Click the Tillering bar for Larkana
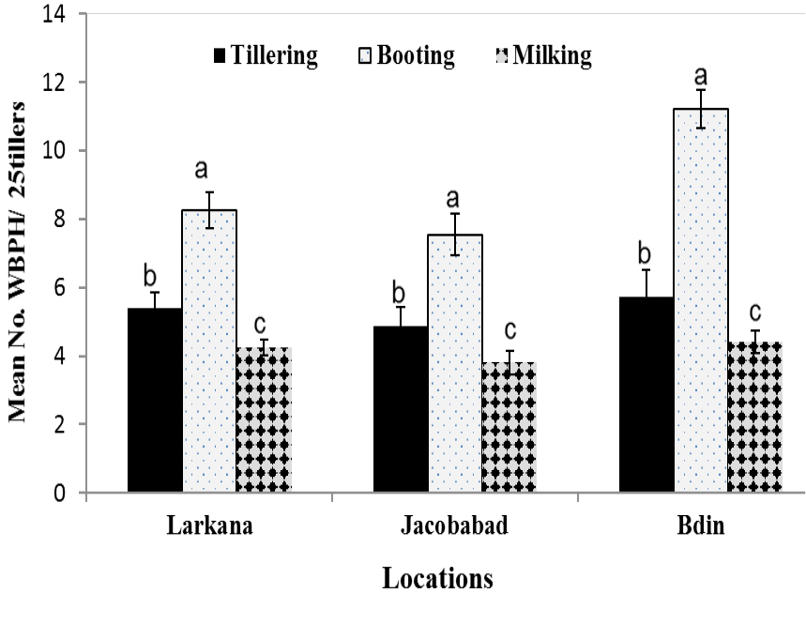(155, 400)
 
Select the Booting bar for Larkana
(209, 351)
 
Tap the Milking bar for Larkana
(265, 419)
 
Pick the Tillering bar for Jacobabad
(401, 409)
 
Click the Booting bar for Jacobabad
(455, 363)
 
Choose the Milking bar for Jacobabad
(509, 427)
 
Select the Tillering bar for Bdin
(646, 394)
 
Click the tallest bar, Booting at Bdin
(701, 300)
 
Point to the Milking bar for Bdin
(755, 417)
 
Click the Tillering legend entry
(266, 55)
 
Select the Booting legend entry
(406, 55)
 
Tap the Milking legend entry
(544, 55)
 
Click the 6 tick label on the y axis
(60, 288)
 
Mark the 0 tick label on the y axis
(60, 493)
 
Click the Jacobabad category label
(454, 525)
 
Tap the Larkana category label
(210, 525)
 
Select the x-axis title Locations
(437, 578)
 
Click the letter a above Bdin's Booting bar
(701, 76)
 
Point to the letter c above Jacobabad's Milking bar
(509, 330)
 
